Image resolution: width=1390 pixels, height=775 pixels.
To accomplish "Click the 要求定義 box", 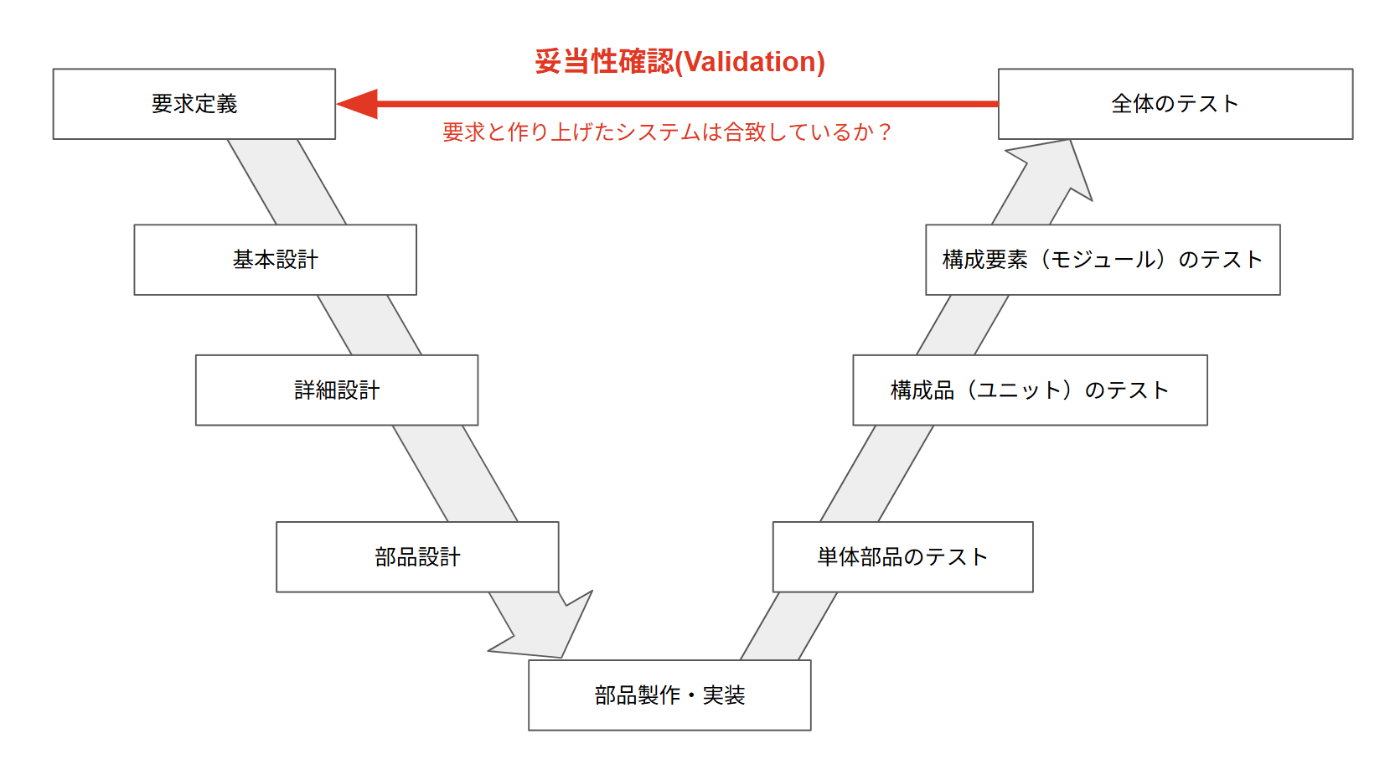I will pos(194,104).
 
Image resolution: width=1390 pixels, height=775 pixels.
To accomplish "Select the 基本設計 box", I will pos(275,260).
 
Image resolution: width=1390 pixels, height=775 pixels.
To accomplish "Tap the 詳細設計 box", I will pos(336,390).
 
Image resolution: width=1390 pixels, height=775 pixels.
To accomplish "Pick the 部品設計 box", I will pos(417,557).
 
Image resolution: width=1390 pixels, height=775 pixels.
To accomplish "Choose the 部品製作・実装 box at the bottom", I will pos(669,695).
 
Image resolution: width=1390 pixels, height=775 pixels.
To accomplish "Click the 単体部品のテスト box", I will pos(902,557).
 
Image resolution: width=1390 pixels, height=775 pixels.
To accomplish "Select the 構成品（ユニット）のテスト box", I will pos(1030,390).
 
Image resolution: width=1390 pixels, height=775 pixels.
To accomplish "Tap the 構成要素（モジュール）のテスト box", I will pos(1103,260).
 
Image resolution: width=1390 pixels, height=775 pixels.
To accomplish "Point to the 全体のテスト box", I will pos(1175,104).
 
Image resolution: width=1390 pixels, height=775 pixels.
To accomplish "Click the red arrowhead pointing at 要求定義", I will pos(359,104).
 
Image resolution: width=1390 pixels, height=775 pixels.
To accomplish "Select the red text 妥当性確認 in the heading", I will pos(603,62).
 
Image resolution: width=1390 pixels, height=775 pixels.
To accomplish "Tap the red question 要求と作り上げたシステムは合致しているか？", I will pos(667,132).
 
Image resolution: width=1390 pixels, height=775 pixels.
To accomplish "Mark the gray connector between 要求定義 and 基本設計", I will pos(287,182).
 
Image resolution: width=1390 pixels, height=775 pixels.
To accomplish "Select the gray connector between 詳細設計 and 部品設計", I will pos(455,473).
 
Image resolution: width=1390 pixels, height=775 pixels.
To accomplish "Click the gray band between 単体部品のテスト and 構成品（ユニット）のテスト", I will pos(876,473).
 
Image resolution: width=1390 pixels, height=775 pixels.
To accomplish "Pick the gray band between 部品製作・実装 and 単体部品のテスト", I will pos(788,627).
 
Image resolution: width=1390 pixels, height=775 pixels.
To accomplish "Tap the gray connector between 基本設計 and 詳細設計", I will pos(369,325).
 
